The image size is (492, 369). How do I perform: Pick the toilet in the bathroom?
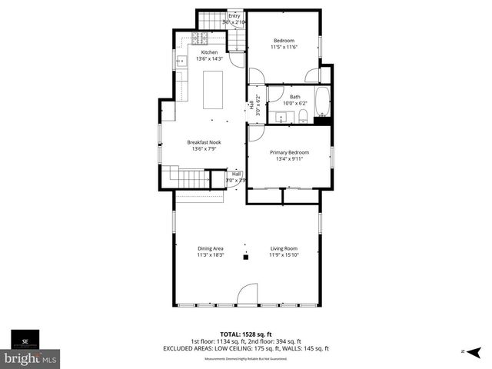point(304,116)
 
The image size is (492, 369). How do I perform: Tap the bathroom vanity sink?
point(281,118)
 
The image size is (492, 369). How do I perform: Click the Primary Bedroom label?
point(288,152)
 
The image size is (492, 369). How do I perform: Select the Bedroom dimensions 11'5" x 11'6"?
point(284,47)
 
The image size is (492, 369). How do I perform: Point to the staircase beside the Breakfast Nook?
point(188,180)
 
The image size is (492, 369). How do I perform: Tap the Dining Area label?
point(210,248)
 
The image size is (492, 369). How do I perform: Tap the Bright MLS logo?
point(31,358)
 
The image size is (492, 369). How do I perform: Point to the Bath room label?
point(295,96)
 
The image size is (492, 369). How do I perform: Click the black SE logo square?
point(25,339)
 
